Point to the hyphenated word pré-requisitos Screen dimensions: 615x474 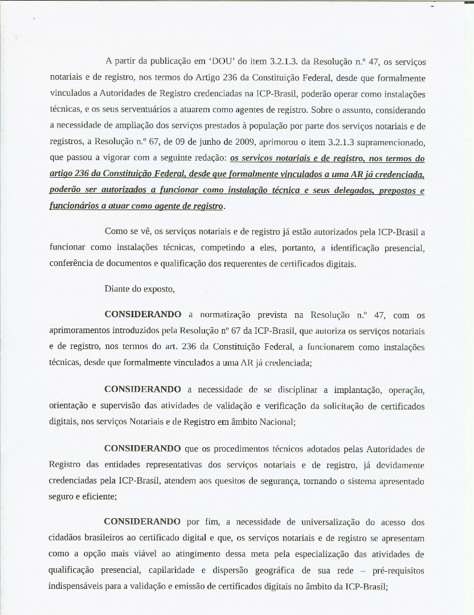coord(394,571)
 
